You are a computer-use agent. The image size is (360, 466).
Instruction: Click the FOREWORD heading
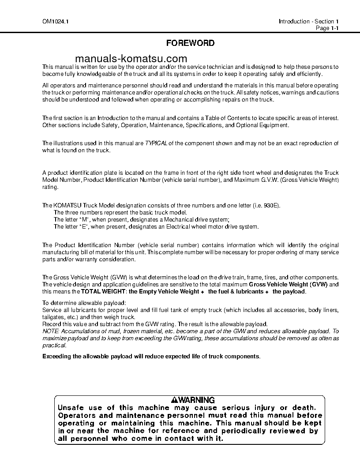click(x=190, y=43)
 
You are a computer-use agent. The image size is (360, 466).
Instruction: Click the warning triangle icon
click(x=175, y=400)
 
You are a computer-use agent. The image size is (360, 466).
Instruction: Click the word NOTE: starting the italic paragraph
click(x=50, y=331)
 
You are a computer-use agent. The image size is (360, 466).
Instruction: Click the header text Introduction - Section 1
click(x=308, y=22)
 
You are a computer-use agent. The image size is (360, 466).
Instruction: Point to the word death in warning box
click(x=303, y=408)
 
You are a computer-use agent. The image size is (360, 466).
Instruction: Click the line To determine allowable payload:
click(x=84, y=303)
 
